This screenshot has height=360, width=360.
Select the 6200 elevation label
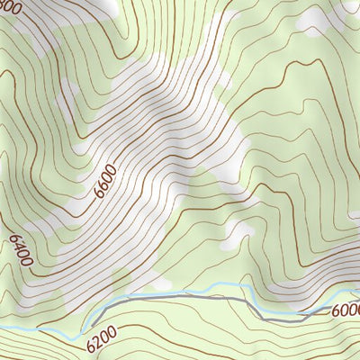[x=103, y=340]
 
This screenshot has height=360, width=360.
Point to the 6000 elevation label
[x=345, y=310]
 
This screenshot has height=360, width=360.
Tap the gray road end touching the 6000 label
[x=329, y=310]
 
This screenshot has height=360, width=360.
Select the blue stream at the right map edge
[x=356, y=291]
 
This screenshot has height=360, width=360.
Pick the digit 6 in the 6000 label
[x=337, y=310]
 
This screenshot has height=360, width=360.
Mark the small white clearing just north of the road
[x=238, y=236]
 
